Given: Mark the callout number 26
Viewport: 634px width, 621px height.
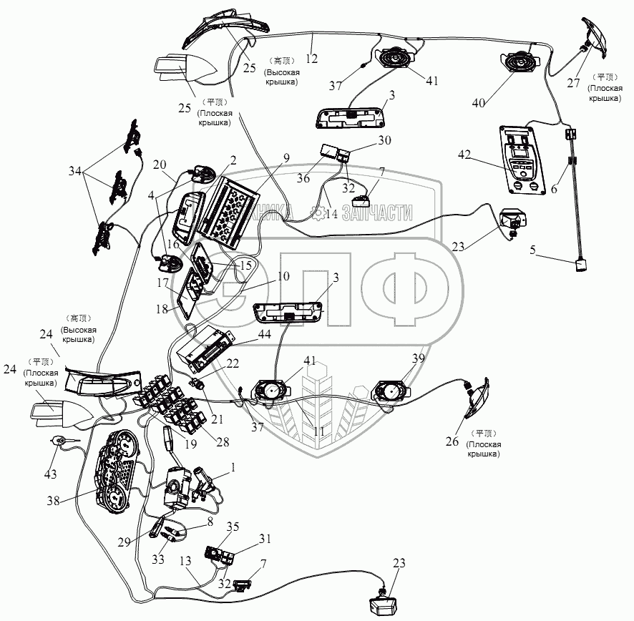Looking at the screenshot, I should [x=453, y=441].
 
